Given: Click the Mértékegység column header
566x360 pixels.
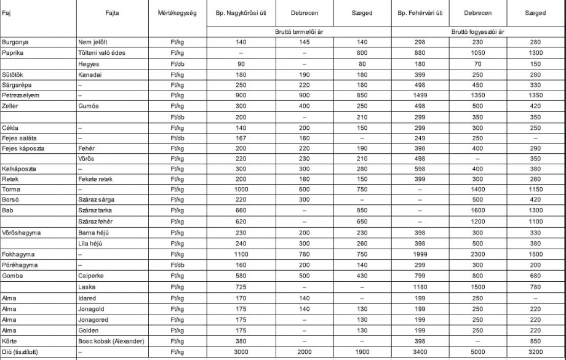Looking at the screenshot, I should click(178, 13).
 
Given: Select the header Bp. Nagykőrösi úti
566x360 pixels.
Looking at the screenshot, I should click(241, 13).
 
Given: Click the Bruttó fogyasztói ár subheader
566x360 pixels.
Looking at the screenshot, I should click(478, 30).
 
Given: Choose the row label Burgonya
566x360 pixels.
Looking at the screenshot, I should click(16, 42).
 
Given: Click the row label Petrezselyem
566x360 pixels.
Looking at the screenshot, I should click(20, 95).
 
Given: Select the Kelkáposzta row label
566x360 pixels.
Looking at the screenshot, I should click(19, 168).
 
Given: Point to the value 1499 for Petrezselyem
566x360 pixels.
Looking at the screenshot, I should click(421, 95).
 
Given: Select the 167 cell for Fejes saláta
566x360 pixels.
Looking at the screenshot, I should click(241, 138).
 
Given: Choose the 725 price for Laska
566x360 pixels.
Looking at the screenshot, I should click(241, 287).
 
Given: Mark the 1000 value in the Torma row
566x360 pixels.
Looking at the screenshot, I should click(241, 189).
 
